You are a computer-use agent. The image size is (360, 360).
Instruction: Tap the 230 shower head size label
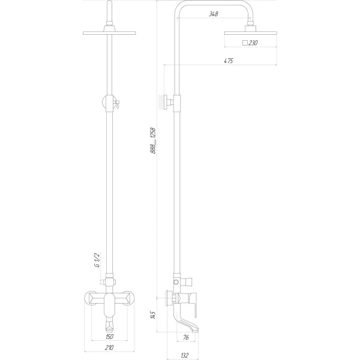tap(254, 43)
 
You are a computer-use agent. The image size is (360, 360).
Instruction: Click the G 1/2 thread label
tap(96, 261)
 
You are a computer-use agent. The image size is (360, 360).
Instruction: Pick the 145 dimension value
tap(153, 316)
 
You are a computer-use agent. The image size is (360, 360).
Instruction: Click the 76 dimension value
tap(186, 338)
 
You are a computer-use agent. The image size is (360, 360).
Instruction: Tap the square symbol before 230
tap(244, 43)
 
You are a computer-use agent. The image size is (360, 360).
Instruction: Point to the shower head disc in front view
tap(110, 33)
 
